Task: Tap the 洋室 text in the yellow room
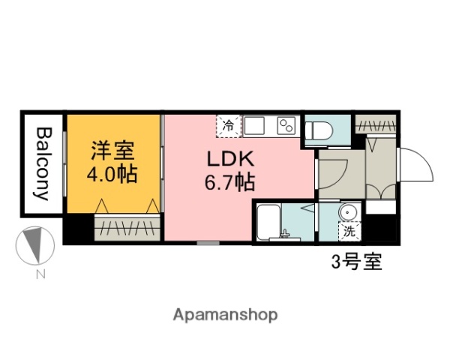pos(112,150)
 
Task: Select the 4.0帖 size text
pos(112,177)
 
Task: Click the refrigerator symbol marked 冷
pos(229,125)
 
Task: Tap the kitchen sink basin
pos(254,125)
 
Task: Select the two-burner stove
pos(286,125)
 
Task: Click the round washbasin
pos(349,213)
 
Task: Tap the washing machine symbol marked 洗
pos(349,232)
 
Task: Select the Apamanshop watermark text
pos(225,314)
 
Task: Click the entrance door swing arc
pos(415,165)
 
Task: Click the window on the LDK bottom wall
pos(208,242)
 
